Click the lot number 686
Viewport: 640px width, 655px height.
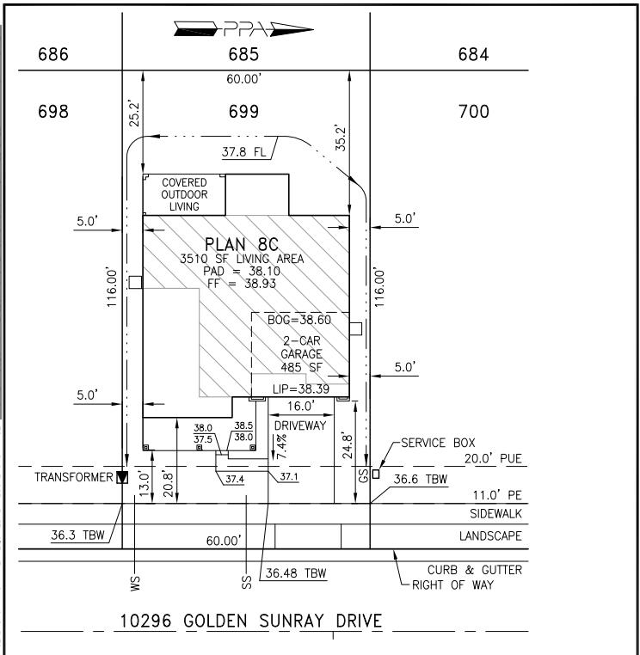[53, 54]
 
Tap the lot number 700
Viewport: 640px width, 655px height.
[474, 112]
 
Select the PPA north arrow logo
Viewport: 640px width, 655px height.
[243, 29]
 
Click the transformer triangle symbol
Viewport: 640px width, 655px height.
[122, 477]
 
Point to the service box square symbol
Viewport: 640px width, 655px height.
[376, 474]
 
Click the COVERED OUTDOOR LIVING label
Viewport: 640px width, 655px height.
[184, 194]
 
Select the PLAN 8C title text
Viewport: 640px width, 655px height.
[241, 244]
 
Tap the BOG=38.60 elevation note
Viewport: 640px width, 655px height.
[298, 320]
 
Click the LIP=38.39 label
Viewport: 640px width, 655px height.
[301, 389]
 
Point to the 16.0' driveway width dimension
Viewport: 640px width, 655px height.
[301, 406]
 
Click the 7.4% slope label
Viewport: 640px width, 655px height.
[281, 447]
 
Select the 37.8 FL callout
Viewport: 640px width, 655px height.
[243, 151]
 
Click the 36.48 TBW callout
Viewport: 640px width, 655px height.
[296, 573]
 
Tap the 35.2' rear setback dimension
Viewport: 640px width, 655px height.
[342, 138]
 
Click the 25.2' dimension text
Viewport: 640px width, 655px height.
[134, 113]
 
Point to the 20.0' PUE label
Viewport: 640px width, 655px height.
[493, 458]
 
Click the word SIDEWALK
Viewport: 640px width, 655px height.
[495, 513]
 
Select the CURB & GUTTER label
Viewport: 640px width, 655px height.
[475, 570]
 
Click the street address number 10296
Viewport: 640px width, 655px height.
[146, 621]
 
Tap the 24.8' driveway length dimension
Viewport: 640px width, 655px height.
[348, 447]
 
